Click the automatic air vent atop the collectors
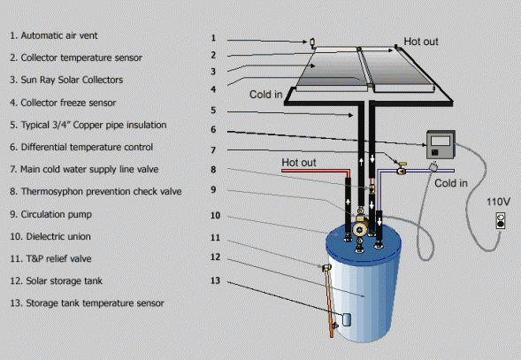311,42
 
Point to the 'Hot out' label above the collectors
421,42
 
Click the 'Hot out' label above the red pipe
298,162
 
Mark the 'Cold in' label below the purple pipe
451,183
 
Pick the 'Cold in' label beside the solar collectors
266,95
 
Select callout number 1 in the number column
213,38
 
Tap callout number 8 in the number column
213,169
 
